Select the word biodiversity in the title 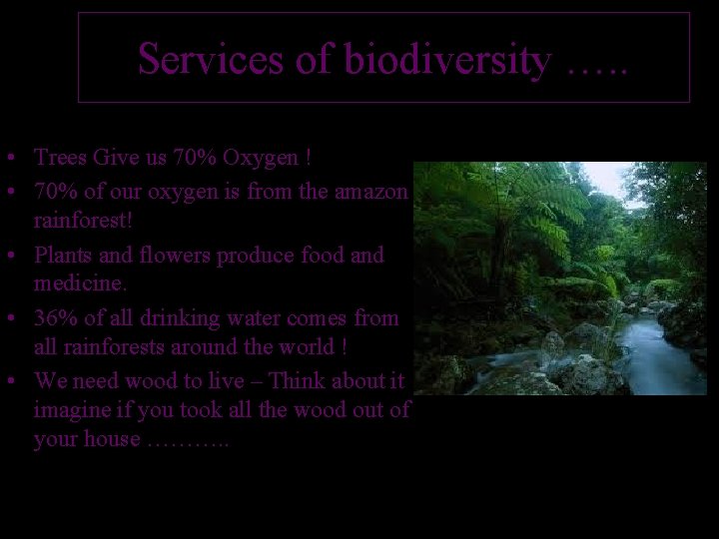click(x=447, y=60)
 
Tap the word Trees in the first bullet click(x=60, y=158)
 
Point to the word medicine click(x=80, y=285)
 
